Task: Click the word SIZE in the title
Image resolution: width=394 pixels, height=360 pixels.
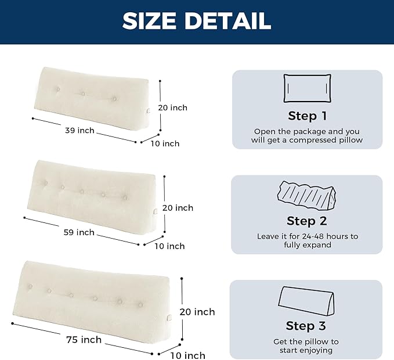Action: (x=149, y=21)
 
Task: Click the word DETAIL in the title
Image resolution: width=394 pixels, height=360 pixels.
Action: (x=228, y=21)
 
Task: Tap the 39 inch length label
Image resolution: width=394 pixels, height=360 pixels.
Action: (x=79, y=131)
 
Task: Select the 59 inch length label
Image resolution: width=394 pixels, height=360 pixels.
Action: (x=79, y=232)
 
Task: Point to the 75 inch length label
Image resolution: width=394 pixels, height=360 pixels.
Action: (x=84, y=340)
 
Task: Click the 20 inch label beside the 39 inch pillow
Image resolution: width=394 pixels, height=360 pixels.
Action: (x=172, y=107)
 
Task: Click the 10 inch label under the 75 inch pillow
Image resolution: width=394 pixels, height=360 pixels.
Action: (x=188, y=356)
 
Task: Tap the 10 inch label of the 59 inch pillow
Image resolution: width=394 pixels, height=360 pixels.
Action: (x=169, y=246)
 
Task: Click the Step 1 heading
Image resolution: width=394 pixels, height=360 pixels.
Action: (x=308, y=116)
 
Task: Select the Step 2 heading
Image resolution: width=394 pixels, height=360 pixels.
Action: (x=307, y=221)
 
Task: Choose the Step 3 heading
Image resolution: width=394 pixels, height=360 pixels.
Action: (x=306, y=326)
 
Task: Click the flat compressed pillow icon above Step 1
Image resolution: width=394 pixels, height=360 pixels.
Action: (x=307, y=88)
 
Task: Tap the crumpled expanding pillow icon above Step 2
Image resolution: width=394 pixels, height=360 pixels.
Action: (x=306, y=195)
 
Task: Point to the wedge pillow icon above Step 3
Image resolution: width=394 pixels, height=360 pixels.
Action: (x=306, y=300)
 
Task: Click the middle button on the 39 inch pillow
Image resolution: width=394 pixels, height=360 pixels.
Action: (x=83, y=94)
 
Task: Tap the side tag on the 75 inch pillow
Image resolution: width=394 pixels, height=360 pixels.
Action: (x=169, y=318)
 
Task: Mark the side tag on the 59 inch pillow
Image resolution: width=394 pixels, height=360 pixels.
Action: (x=156, y=212)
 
